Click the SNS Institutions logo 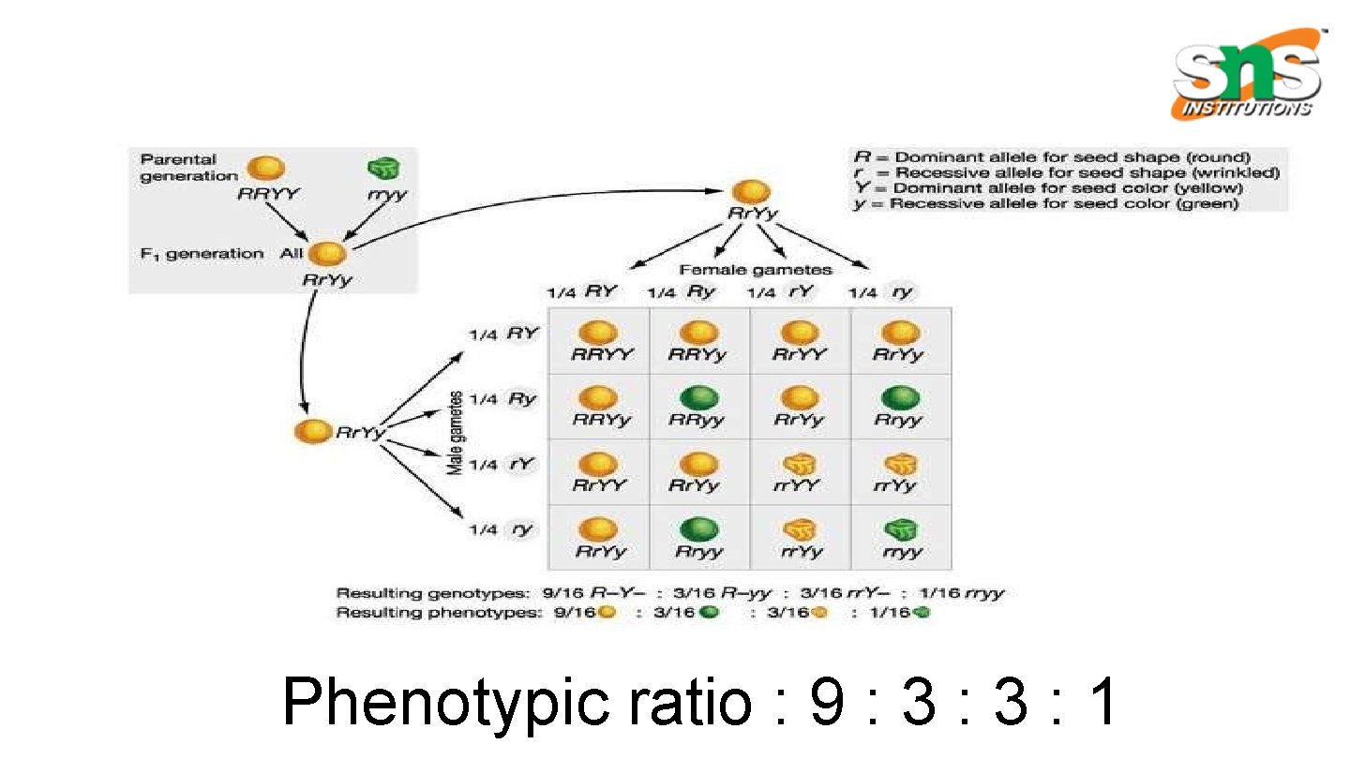(x=1248, y=75)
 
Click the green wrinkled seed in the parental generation (x=382, y=169)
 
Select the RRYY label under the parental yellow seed (x=267, y=195)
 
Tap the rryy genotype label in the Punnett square (x=902, y=552)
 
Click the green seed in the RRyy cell (x=698, y=398)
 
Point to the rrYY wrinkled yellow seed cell (x=800, y=472)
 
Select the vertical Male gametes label (x=456, y=432)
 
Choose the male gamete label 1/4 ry (x=503, y=529)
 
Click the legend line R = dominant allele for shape (x=1051, y=157)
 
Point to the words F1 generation (x=202, y=253)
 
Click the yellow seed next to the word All (x=326, y=254)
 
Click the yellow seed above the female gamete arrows (x=747, y=192)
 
